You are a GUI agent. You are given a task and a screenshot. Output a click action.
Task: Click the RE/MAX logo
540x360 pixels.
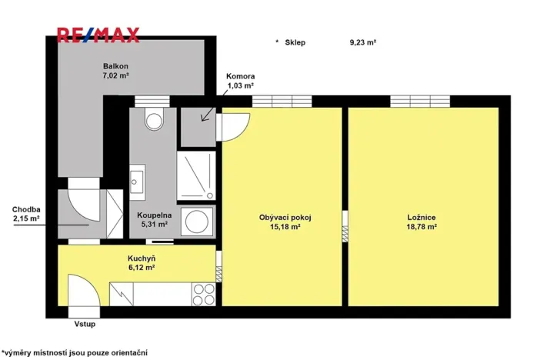98,35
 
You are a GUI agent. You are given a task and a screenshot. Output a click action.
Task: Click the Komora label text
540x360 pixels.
240,77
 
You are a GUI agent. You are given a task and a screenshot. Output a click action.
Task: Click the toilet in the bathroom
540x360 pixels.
155,119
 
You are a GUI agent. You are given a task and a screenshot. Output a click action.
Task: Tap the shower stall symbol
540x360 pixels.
198,175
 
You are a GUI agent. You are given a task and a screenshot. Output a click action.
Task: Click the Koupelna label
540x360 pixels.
153,216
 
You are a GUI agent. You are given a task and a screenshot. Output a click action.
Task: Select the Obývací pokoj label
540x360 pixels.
284,218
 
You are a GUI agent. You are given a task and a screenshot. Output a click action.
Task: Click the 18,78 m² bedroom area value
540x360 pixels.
422,228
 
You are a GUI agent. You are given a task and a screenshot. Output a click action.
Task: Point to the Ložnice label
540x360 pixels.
422,218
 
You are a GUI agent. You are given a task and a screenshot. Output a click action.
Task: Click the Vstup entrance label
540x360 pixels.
85,325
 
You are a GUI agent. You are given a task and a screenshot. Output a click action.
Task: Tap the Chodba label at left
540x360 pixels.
25,209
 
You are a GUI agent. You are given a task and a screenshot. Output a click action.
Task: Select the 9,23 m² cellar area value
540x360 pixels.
362,43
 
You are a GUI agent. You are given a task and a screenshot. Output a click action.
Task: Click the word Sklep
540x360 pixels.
295,43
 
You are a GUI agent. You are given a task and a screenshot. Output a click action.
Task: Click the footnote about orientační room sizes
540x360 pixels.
75,352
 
